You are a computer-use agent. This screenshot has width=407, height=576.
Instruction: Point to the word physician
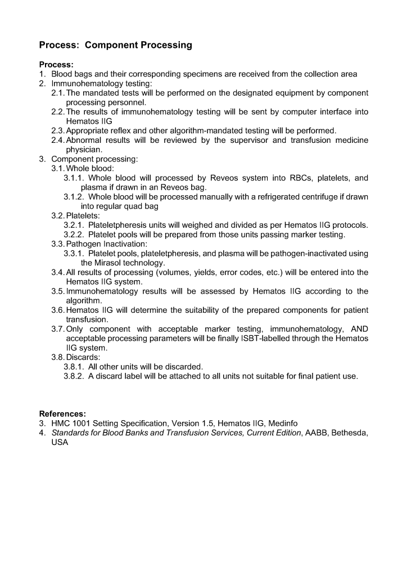[84, 150]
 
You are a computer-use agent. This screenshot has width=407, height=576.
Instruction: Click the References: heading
[62, 413]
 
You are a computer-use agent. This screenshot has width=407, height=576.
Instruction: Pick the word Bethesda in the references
[349, 433]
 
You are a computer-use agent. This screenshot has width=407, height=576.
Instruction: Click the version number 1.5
[205, 423]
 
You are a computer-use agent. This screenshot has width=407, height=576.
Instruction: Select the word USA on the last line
[60, 442]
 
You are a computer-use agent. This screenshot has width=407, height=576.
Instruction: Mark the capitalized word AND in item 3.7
[358, 328]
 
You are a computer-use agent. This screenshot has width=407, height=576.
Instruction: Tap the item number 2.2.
[57, 111]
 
